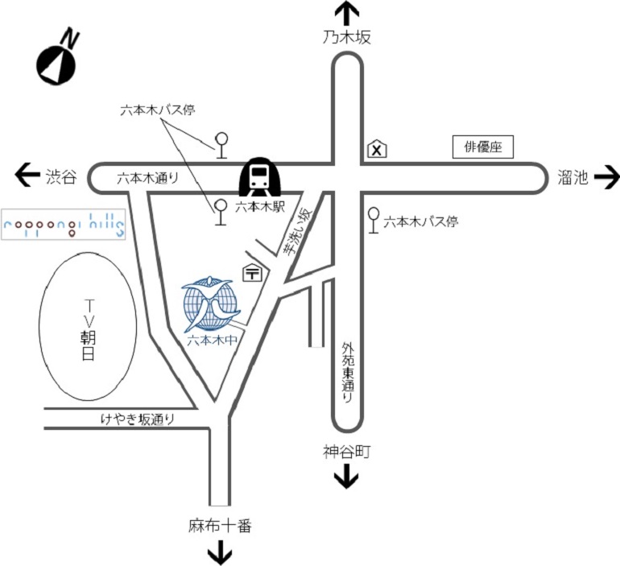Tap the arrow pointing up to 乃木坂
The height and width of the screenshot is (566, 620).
tap(347, 14)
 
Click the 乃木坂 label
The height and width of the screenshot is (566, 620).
tap(347, 38)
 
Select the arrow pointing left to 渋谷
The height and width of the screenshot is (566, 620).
tap(27, 173)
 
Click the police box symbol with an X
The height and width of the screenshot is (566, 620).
tap(377, 149)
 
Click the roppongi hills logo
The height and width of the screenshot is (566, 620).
tap(64, 224)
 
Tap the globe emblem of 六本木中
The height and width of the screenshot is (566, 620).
tap(211, 305)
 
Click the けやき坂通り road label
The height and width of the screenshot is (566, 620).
tap(138, 419)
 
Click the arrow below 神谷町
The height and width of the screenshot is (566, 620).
tap(346, 478)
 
